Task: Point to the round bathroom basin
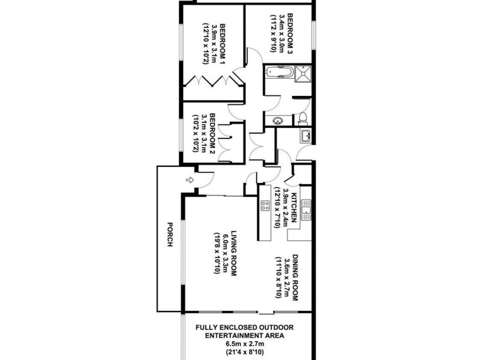[278, 121]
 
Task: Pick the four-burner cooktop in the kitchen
[265, 205]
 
